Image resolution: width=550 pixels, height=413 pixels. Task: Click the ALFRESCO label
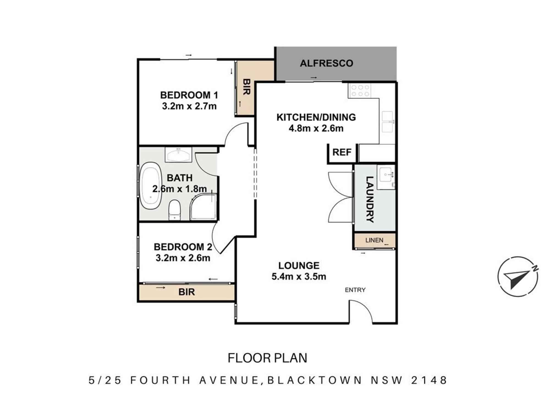326,63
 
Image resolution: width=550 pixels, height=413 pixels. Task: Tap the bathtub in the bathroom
150,186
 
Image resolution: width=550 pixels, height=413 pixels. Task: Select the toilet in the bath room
174,210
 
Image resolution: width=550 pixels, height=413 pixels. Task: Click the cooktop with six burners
360,91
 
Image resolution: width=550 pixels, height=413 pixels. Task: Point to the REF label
342,152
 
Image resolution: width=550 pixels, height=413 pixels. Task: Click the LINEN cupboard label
374,240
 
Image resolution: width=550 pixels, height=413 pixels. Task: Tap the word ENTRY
355,290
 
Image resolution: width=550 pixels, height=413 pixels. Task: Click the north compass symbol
518,276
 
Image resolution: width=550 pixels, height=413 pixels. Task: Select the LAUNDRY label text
369,199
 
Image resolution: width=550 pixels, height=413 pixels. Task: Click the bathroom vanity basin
178,155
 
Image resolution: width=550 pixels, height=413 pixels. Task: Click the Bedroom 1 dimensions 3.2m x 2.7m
189,106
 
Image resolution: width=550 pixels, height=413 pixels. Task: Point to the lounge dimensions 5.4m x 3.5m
299,276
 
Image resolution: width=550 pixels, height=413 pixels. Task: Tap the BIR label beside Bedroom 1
246,87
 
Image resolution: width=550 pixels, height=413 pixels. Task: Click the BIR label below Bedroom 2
186,292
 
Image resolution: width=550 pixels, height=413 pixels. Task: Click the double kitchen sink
387,122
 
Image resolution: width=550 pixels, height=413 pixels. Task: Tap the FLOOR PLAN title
267,358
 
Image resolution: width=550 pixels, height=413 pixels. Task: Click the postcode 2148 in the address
429,380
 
